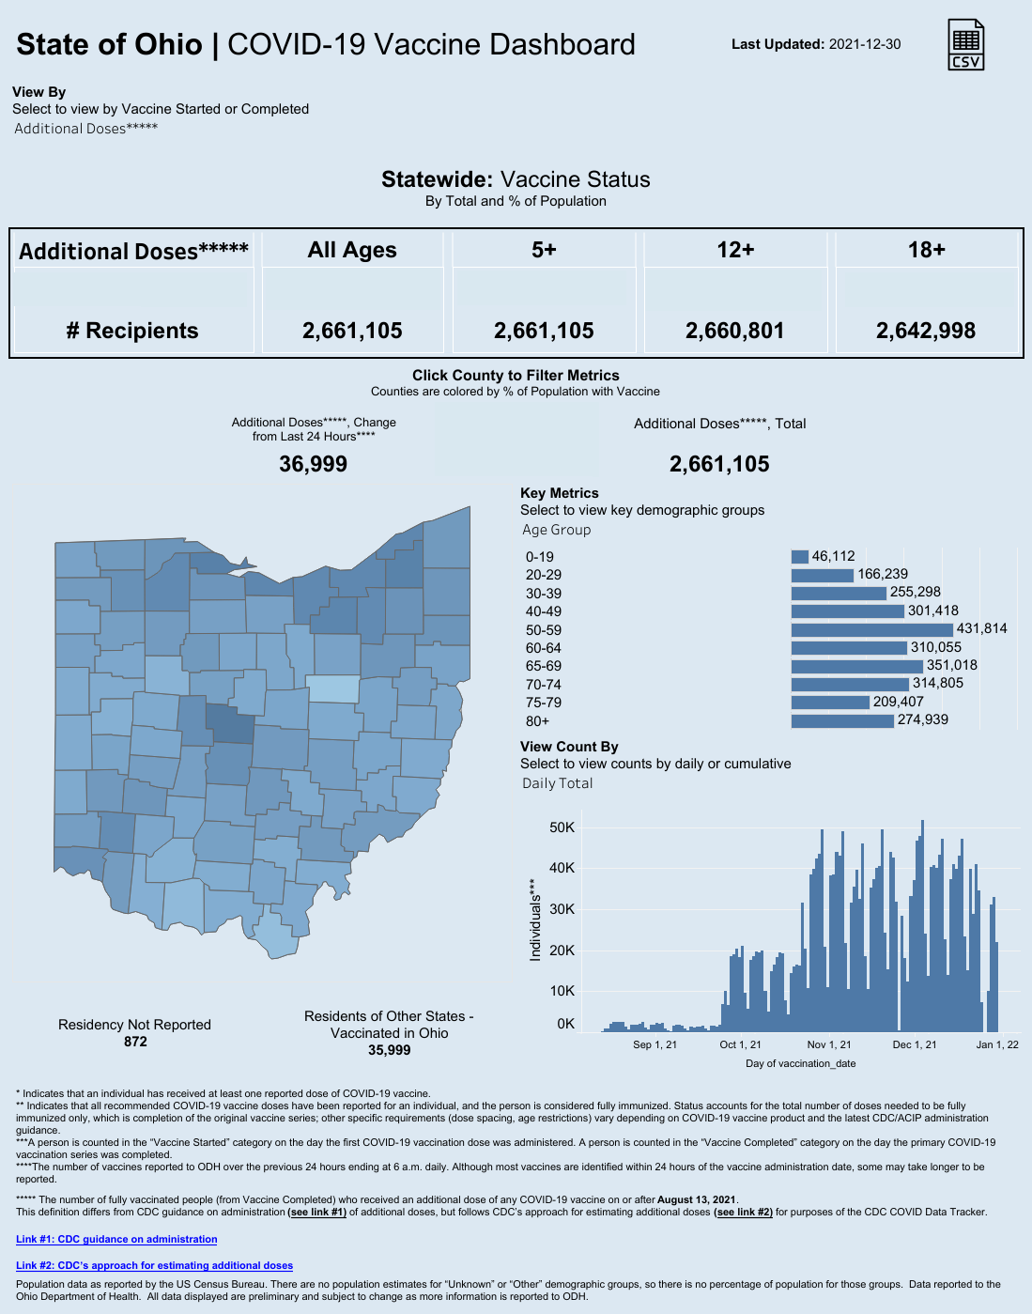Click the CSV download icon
tap(966, 45)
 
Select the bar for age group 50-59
tap(871, 629)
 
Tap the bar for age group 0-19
tap(800, 557)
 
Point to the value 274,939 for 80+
tap(922, 720)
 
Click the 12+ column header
tap(735, 250)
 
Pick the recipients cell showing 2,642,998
tap(925, 331)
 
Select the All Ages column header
tap(352, 250)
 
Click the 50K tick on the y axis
tap(562, 827)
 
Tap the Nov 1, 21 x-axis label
tap(829, 1044)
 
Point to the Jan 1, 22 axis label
tap(997, 1044)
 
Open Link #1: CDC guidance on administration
tap(116, 1240)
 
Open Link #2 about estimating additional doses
tap(154, 1266)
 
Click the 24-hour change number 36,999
tap(314, 464)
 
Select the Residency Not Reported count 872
tap(135, 1042)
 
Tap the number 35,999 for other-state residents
tap(389, 1050)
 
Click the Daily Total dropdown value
tap(558, 783)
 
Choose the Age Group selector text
tap(557, 530)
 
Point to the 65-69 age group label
tap(544, 666)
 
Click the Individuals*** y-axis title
tap(535, 920)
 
